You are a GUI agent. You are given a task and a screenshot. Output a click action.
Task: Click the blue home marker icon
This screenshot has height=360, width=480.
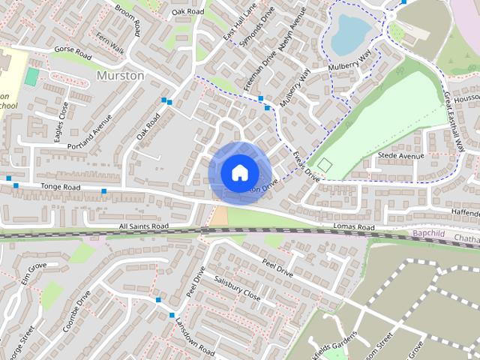pyautogui.click(x=238, y=172)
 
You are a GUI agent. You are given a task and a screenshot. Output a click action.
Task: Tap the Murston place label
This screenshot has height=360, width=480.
pyautogui.click(x=120, y=76)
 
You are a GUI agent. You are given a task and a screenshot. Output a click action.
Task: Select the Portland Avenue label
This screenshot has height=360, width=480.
pyautogui.click(x=89, y=130)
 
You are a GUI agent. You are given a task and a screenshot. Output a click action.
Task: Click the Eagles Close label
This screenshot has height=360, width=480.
pyautogui.click(x=61, y=120)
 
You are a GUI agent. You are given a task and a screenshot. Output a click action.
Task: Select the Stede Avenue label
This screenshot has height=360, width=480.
pyautogui.click(x=400, y=156)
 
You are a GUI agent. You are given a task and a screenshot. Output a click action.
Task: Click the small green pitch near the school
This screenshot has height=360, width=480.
pyautogui.click(x=31, y=76)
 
